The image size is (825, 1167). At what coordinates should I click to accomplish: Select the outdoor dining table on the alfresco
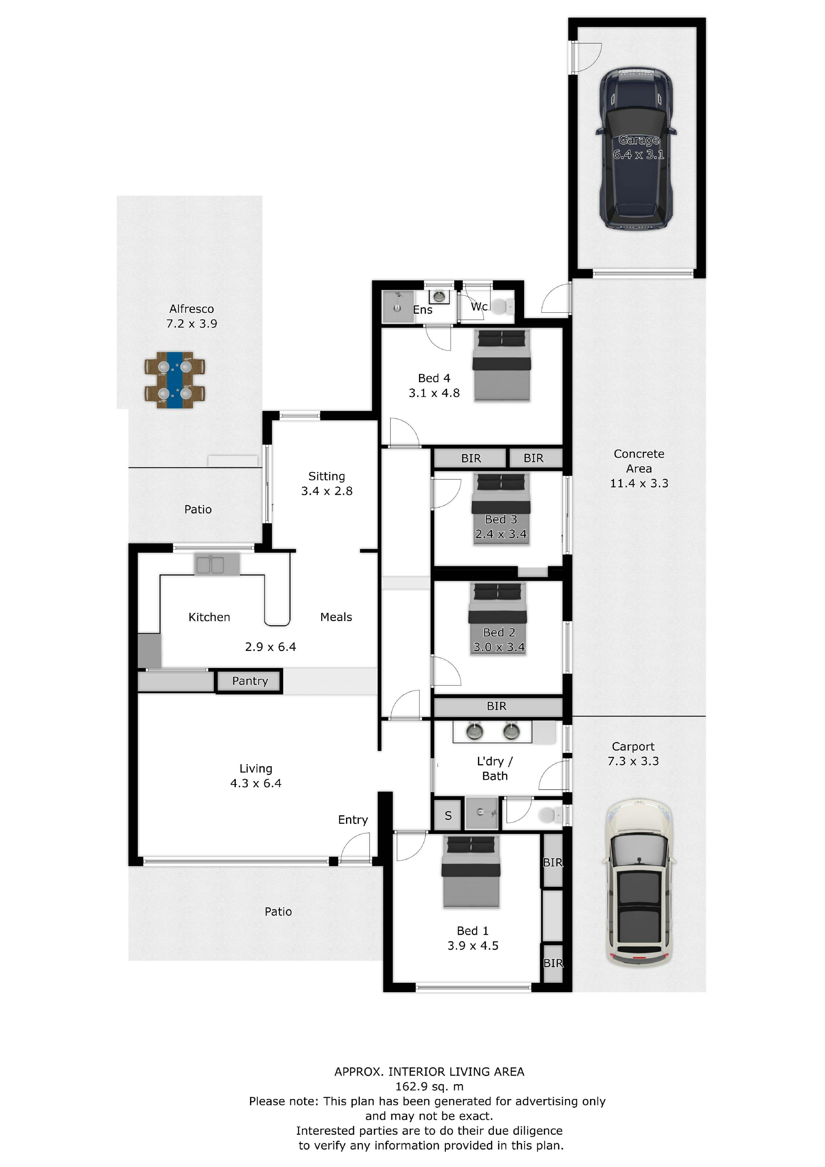175,380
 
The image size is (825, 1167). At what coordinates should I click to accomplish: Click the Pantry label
249,681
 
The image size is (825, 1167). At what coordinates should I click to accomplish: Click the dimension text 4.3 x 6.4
256,783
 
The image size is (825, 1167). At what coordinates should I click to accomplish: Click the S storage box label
448,815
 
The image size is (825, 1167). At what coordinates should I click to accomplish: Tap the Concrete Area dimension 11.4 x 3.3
639,484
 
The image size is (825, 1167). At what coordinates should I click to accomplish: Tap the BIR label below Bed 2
497,706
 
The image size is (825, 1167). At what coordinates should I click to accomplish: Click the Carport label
633,747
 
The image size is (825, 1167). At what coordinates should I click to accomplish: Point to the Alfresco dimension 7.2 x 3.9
192,324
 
